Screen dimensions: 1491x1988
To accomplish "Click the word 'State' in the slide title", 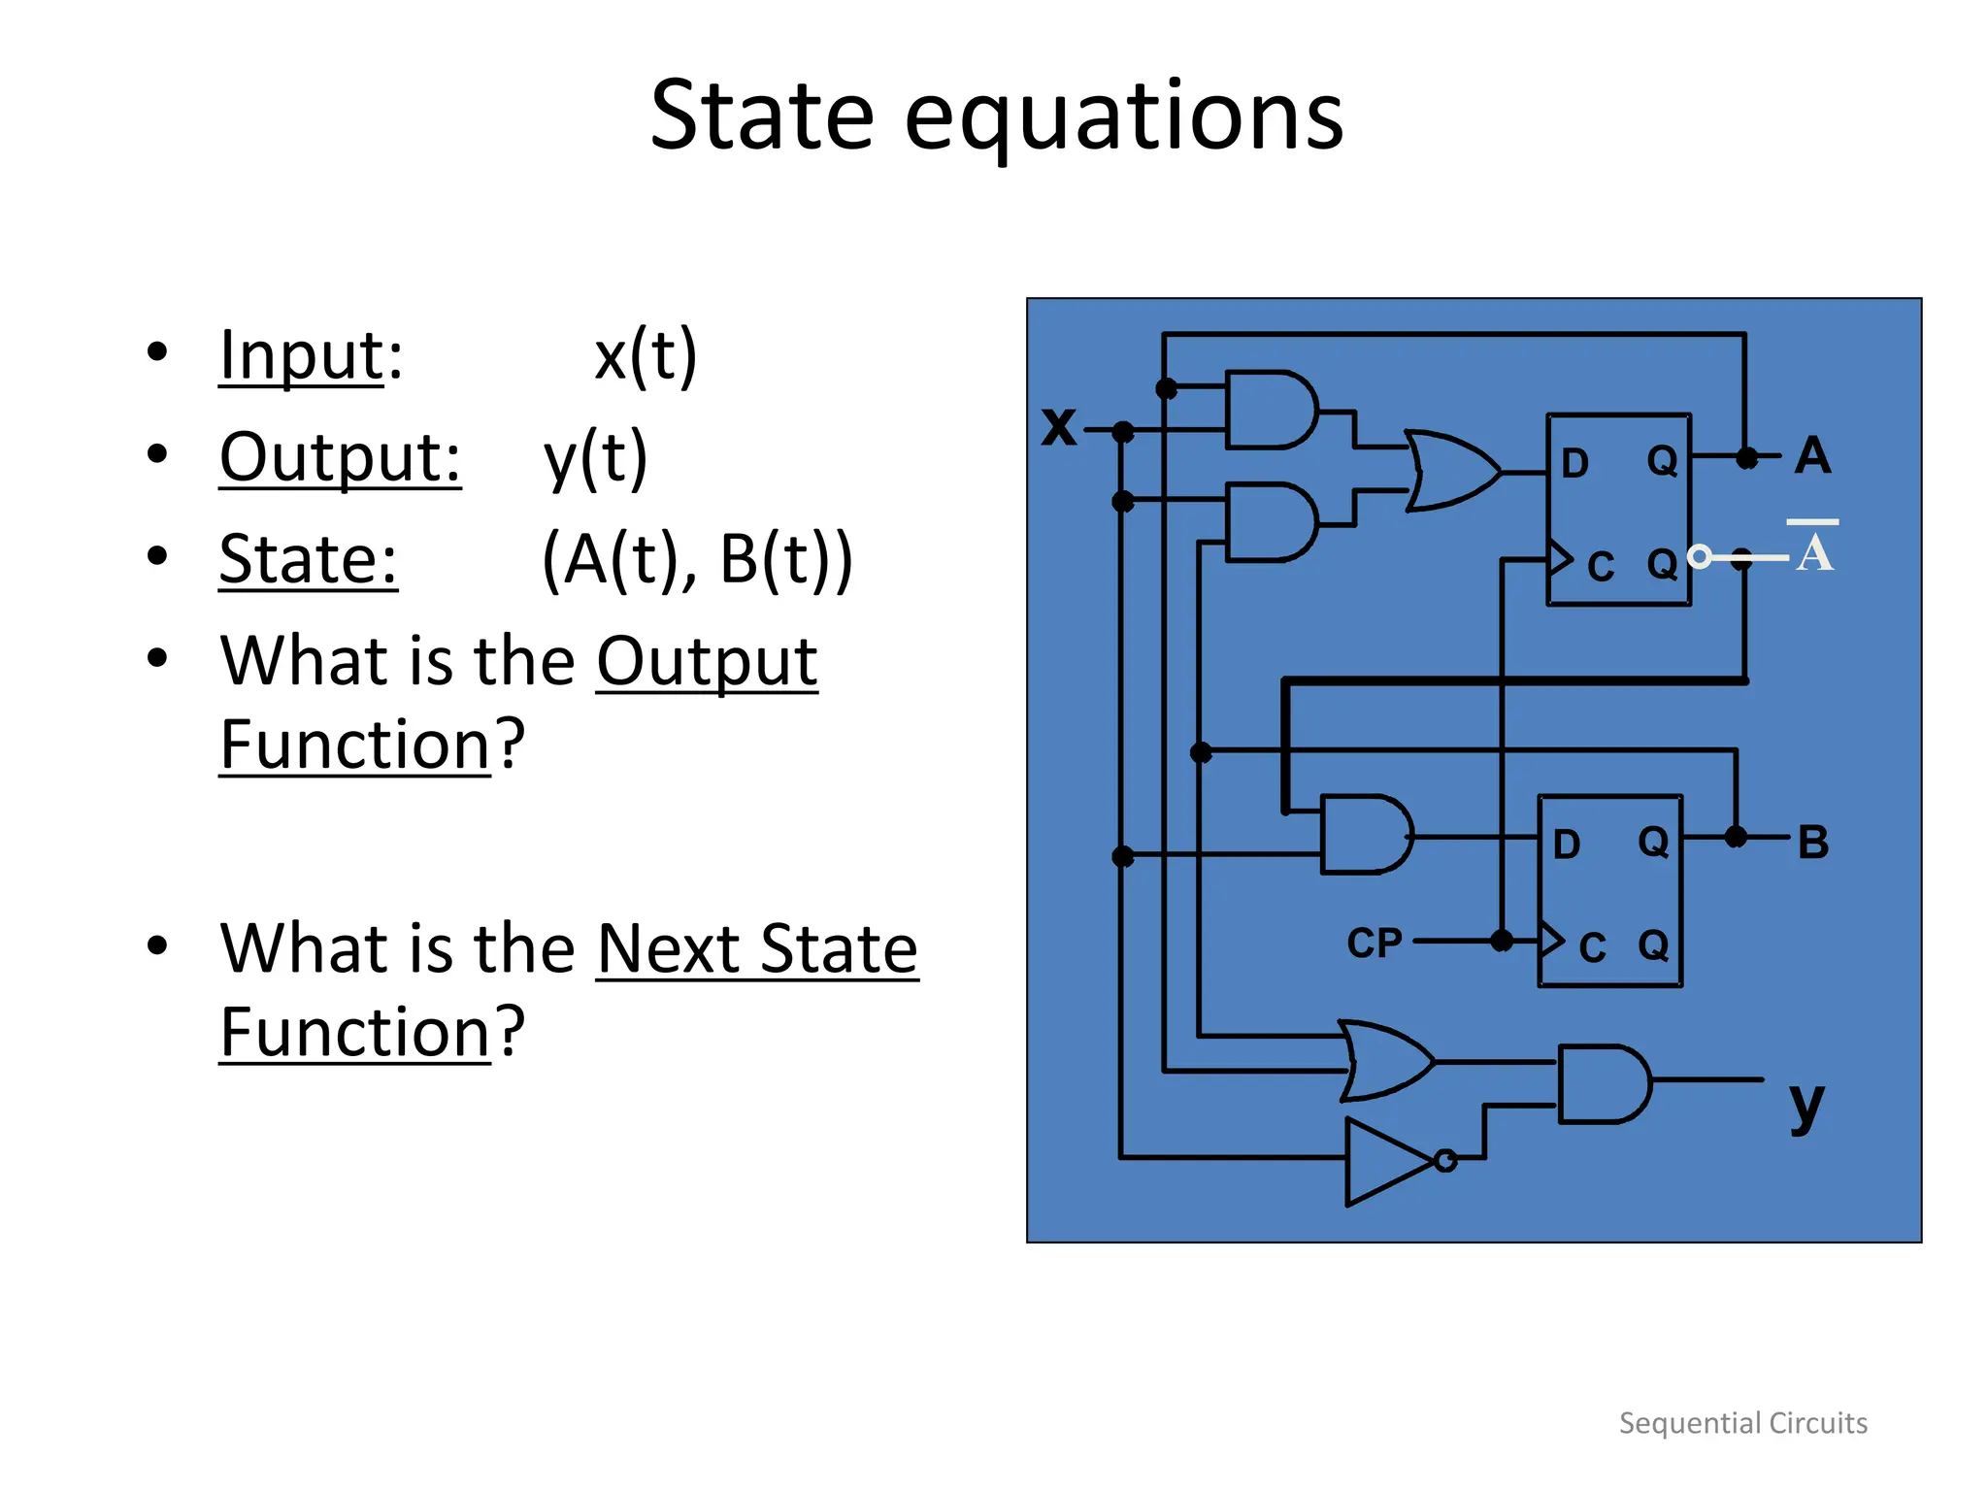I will pos(762,116).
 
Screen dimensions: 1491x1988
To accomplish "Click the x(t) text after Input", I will pos(646,355).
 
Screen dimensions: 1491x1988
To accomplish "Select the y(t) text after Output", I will pos(595,457).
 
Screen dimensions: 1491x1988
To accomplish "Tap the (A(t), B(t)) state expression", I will pos(697,559).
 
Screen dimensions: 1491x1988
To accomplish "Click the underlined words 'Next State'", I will pos(757,948).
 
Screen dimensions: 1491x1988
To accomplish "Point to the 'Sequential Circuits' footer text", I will pos(1742,1423).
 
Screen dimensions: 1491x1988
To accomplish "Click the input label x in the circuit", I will pos(1059,426).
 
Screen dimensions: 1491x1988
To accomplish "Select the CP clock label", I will pos(1375,943).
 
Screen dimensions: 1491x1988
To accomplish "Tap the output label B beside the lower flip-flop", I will pos(1813,842).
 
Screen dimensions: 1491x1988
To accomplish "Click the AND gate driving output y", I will pos(1602,1084).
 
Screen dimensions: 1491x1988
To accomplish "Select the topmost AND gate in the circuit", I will pos(1270,410).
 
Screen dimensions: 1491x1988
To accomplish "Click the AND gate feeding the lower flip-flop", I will pos(1364,835).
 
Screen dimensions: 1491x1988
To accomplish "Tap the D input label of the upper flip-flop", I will pos(1574,463).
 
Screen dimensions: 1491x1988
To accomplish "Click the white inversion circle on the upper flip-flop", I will pos(1700,556).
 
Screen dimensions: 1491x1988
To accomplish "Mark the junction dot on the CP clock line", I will pos(1502,940).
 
